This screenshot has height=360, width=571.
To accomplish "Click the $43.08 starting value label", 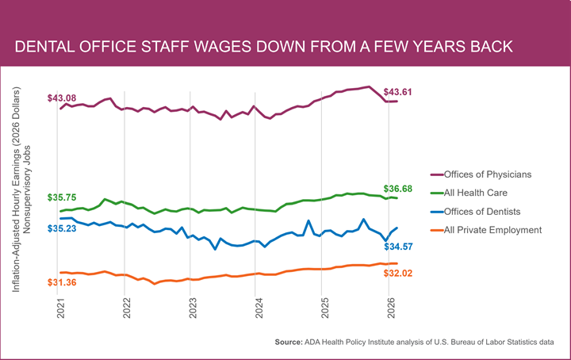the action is (62, 98).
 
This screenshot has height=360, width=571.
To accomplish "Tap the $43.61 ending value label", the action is (397, 92).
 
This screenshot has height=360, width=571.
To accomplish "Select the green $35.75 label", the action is (62, 197).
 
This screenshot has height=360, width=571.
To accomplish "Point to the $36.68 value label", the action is (397, 189).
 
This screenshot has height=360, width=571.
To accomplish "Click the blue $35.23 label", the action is (62, 228).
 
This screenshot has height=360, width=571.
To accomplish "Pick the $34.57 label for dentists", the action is (398, 247).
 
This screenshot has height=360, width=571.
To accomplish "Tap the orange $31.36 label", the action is (62, 282).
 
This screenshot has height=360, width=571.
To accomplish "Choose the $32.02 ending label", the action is (397, 274).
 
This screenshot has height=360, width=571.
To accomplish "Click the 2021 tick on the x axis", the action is (61, 308).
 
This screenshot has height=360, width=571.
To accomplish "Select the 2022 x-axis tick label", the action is (127, 308).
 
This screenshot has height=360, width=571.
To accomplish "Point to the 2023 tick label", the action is (193, 308).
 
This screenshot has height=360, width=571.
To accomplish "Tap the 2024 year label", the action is (259, 308).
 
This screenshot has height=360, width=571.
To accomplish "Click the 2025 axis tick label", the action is (325, 308).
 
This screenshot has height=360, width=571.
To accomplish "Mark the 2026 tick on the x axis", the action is (392, 308).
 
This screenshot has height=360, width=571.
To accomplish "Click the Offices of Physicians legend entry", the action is (481, 174).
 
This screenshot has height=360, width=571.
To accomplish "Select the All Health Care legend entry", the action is (469, 193).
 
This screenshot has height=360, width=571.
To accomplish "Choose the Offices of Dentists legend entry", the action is (476, 212).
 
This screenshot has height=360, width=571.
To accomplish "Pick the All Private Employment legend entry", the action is (486, 230).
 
